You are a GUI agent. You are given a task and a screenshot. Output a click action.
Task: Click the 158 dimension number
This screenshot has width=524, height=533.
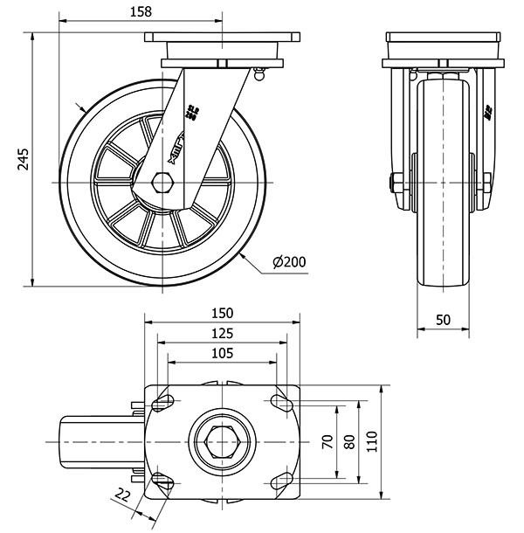click(x=140, y=11)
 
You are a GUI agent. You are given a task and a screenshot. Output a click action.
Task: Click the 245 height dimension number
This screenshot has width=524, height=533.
click(x=24, y=158)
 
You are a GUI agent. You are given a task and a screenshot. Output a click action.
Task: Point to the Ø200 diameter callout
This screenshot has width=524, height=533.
click(x=288, y=261)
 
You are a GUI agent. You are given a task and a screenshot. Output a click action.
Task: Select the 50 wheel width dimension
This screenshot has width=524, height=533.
click(x=443, y=320)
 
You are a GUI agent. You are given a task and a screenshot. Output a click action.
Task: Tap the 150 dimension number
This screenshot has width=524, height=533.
click(x=222, y=313)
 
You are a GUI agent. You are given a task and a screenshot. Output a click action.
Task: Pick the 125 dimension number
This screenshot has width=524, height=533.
click(x=222, y=333)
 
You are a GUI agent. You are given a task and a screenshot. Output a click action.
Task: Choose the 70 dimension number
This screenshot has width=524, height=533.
click(x=327, y=441)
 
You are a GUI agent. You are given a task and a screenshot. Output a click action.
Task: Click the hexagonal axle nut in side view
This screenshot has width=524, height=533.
click(x=162, y=183)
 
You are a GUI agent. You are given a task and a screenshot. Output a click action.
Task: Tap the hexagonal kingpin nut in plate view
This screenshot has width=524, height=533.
click(x=222, y=442)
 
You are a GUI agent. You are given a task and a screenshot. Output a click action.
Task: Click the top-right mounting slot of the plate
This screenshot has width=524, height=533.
click(x=280, y=403)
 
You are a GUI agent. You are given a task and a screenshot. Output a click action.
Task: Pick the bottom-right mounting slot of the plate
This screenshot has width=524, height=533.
click(x=280, y=481)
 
